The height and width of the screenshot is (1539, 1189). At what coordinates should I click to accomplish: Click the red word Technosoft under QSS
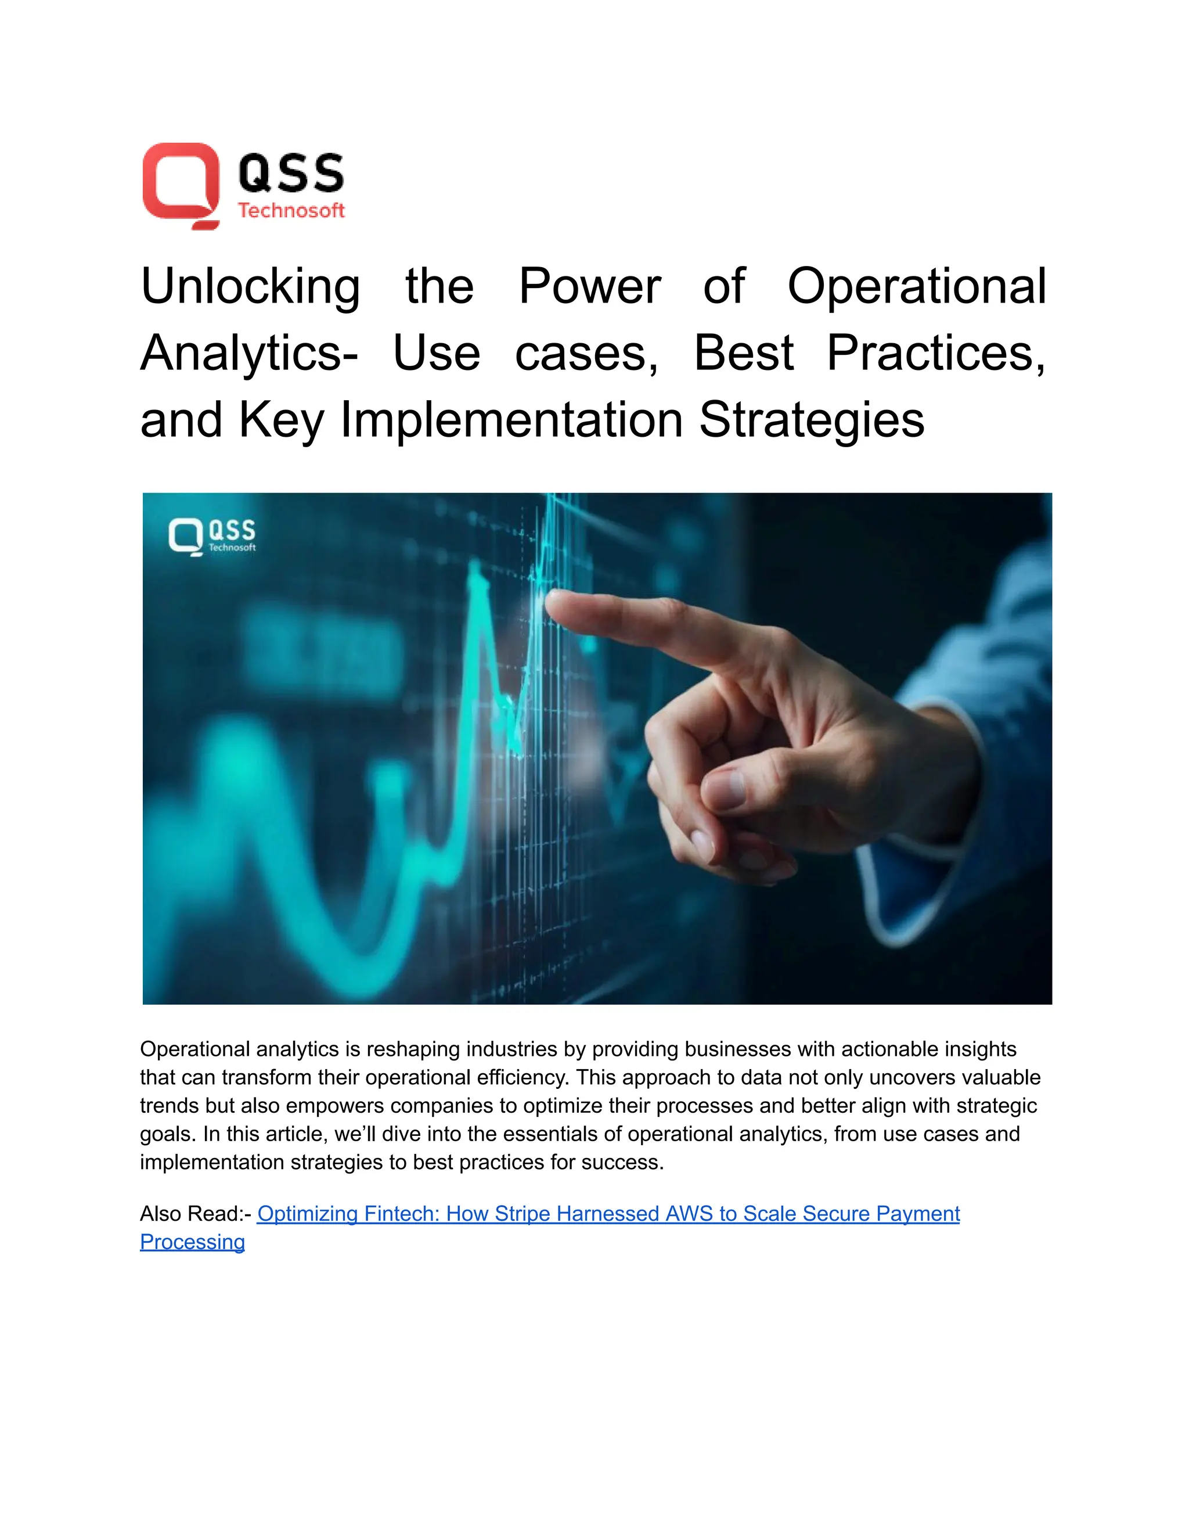pyautogui.click(x=291, y=210)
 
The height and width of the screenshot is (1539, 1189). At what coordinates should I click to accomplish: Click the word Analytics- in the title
pyautogui.click(x=248, y=353)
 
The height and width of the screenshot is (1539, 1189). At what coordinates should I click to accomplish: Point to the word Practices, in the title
pyautogui.click(x=935, y=353)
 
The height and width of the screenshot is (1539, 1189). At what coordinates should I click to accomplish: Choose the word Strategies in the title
pyautogui.click(x=812, y=420)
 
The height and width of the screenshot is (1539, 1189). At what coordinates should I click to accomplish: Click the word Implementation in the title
pyautogui.click(x=511, y=420)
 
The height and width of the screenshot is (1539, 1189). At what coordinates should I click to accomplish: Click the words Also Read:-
pyautogui.click(x=195, y=1213)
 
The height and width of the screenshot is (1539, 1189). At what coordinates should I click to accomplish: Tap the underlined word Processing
pyautogui.click(x=192, y=1242)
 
